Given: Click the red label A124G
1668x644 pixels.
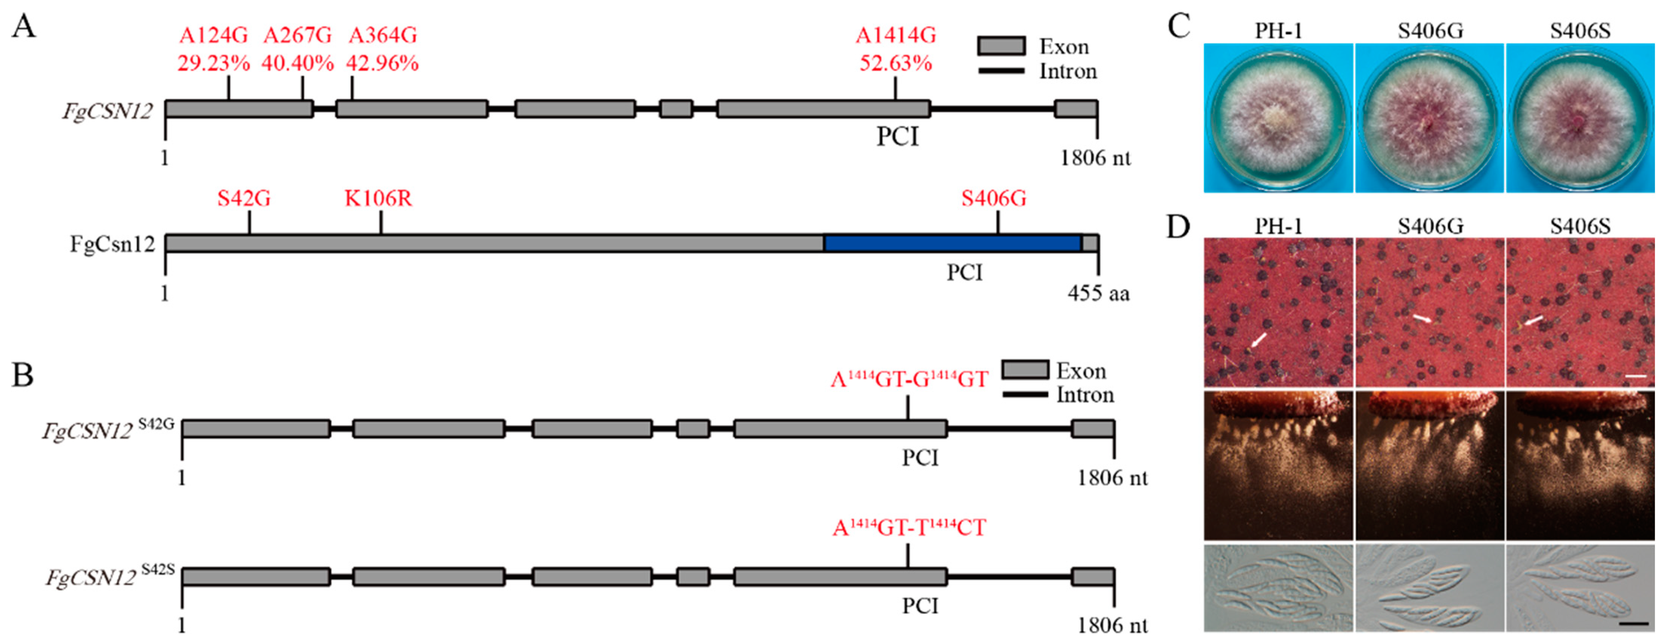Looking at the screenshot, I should [214, 35].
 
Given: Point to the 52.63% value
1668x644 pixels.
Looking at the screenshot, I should [896, 63].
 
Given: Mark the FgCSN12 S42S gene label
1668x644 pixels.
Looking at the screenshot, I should [110, 576].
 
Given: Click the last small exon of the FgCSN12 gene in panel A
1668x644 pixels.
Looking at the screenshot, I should [1075, 109].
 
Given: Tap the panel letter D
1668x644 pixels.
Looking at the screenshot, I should [1178, 227].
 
